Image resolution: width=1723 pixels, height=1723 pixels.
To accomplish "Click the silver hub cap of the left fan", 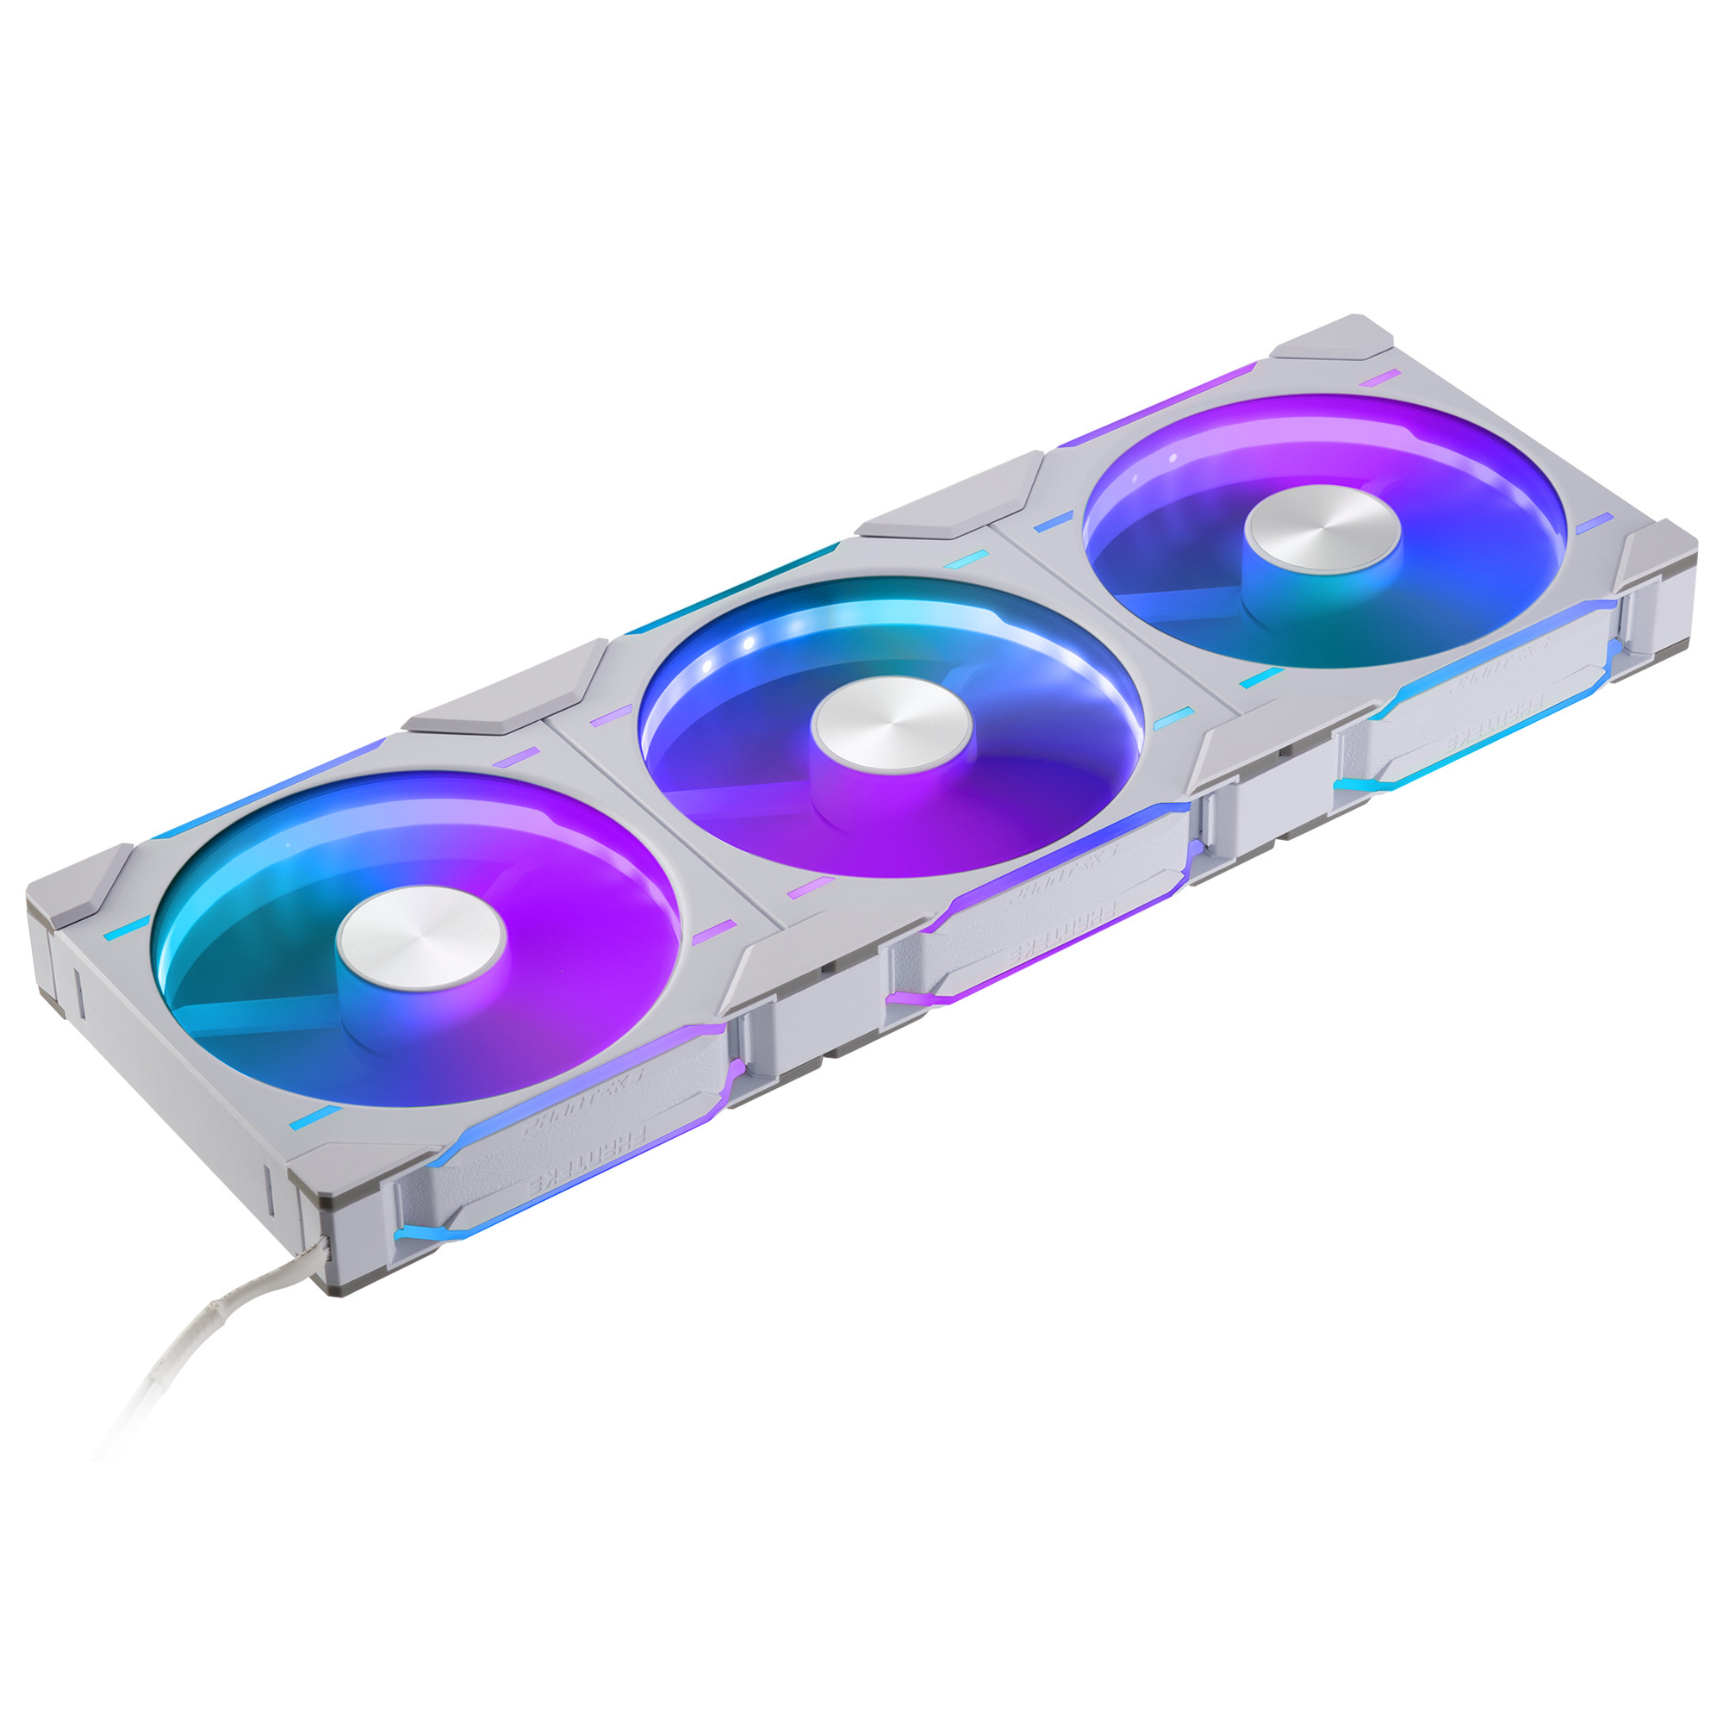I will (x=421, y=939).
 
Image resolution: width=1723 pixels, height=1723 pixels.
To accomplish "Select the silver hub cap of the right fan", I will (x=1323, y=527).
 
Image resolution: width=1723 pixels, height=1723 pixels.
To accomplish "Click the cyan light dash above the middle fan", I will (x=967, y=558).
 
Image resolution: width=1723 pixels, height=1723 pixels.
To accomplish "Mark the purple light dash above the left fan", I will (x=517, y=757).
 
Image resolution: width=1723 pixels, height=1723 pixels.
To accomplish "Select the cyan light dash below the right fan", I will (x=1260, y=679).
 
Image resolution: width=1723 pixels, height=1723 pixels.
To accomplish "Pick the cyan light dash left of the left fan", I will (x=127, y=928).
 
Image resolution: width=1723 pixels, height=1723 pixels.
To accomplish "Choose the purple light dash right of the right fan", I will (x=1594, y=523).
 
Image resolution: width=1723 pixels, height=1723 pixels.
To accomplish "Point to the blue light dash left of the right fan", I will (x=1054, y=522).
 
